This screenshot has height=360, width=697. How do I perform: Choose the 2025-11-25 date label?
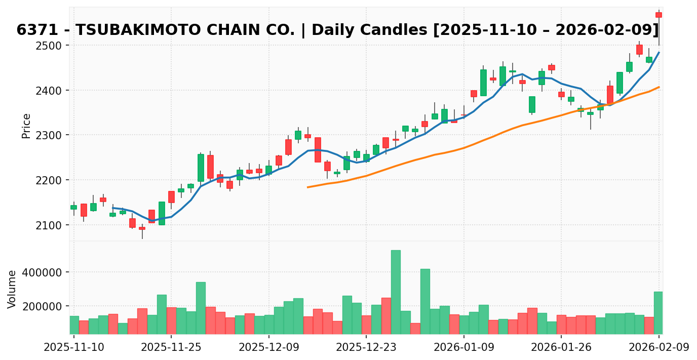click(x=171, y=348)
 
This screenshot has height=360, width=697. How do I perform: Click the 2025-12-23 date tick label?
click(x=366, y=348)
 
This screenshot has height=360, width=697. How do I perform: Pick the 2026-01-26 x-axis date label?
click(x=561, y=348)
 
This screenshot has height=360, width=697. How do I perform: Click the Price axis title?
click(x=26, y=126)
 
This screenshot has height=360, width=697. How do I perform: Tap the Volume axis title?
click(x=12, y=289)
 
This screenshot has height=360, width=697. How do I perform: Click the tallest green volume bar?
click(x=396, y=292)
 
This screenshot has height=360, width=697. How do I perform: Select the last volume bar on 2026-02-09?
click(x=659, y=312)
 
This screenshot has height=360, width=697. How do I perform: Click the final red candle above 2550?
click(x=659, y=15)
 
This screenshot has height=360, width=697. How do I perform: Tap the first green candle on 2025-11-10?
click(x=73, y=207)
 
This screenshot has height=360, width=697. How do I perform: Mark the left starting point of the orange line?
click(x=307, y=187)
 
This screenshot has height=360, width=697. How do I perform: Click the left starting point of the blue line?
click(x=112, y=208)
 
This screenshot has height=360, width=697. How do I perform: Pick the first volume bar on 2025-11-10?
click(x=73, y=325)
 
